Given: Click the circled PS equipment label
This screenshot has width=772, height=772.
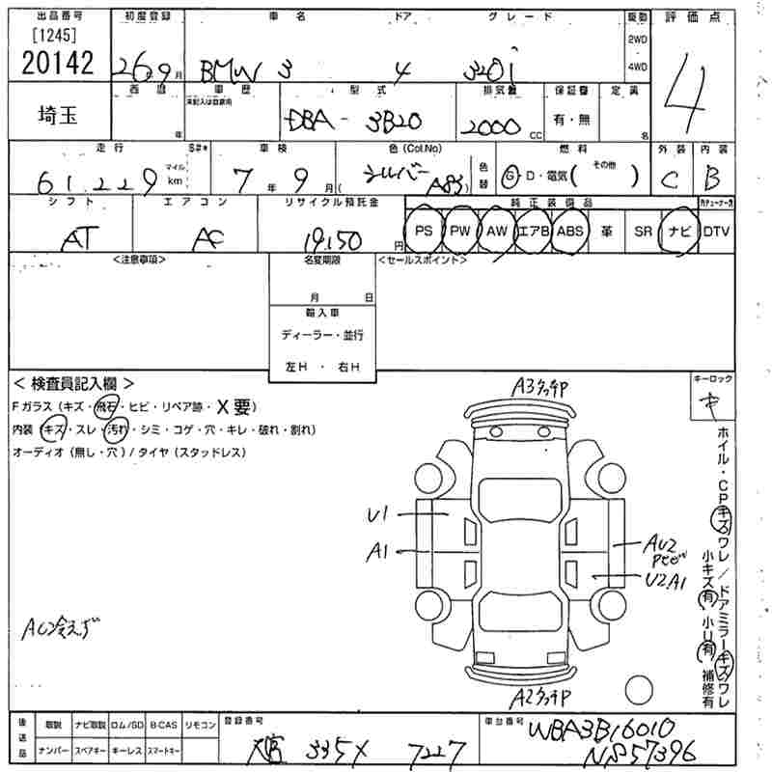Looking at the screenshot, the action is [x=423, y=232].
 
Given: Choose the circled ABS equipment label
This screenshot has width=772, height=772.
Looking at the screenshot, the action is [x=570, y=232].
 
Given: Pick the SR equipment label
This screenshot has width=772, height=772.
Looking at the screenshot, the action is [x=642, y=232].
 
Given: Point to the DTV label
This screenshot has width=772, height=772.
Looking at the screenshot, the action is [x=717, y=232].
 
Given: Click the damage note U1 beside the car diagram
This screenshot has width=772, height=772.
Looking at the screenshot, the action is [x=378, y=515].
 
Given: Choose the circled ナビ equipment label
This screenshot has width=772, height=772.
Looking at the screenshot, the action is [x=677, y=232].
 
